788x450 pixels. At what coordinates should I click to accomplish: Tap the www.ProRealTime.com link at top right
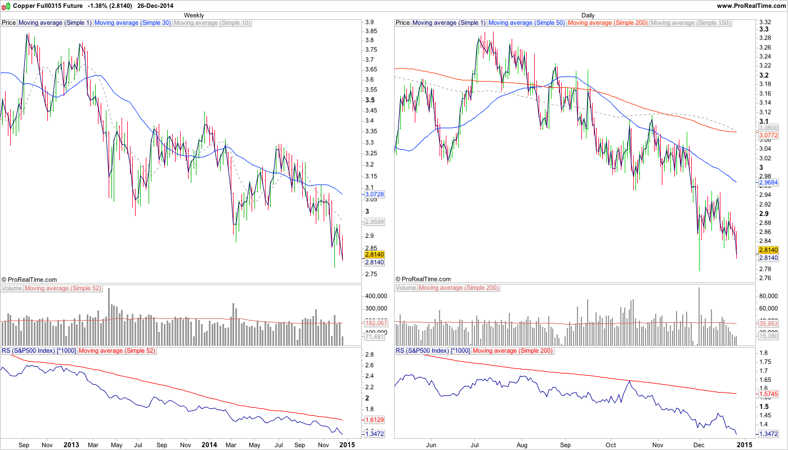click(751, 5)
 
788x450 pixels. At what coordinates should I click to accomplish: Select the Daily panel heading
click(588, 15)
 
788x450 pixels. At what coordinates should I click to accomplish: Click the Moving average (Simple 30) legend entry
click(133, 23)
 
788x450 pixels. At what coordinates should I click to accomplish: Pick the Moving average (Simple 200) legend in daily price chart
click(608, 23)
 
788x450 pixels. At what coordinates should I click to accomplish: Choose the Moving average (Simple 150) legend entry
click(690, 23)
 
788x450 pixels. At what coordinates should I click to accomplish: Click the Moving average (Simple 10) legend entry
click(212, 23)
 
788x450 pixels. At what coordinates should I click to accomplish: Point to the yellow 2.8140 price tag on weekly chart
click(374, 254)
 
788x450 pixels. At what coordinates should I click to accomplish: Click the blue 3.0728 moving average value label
click(374, 194)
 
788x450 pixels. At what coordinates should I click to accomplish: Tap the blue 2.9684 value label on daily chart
click(768, 183)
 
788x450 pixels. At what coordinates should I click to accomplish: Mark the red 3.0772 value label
click(768, 136)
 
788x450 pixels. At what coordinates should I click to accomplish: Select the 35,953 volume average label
click(768, 324)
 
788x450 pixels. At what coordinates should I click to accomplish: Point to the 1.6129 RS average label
click(374, 420)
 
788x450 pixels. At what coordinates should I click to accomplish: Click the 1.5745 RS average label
click(768, 394)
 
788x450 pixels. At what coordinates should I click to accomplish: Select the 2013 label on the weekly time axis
click(71, 444)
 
